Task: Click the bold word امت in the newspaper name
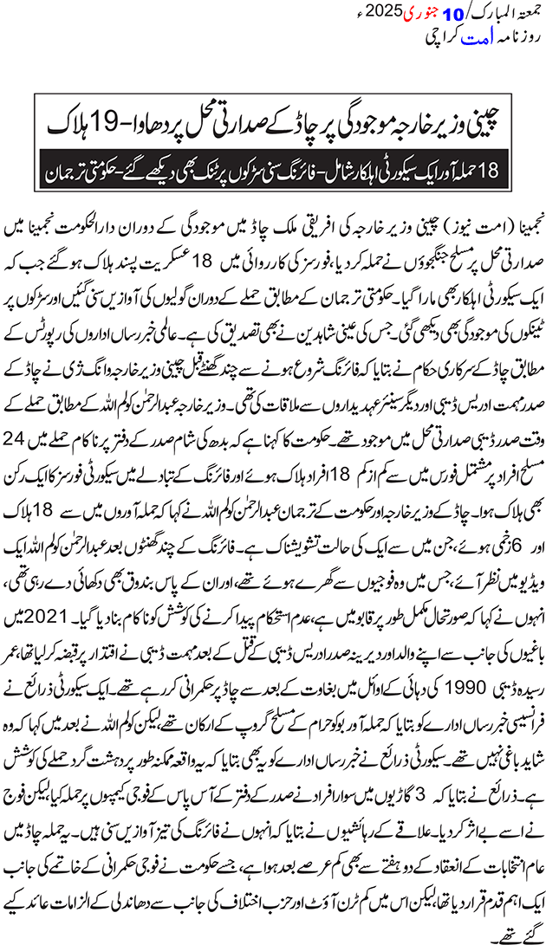(x=455, y=40)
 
